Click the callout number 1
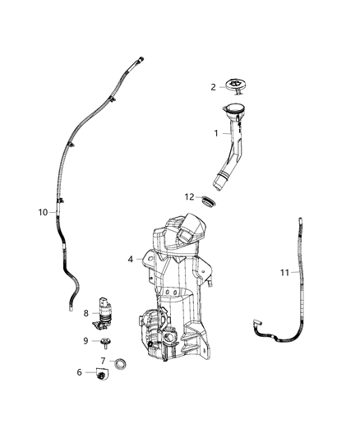click(x=216, y=132)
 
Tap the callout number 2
click(x=213, y=86)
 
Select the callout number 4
click(x=130, y=260)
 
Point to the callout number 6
click(x=80, y=372)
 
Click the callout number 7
click(x=103, y=361)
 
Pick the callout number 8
click(x=85, y=312)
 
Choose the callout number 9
click(x=85, y=341)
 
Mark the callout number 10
click(x=43, y=211)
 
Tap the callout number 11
click(x=285, y=273)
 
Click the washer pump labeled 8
click(x=105, y=309)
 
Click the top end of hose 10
click(x=142, y=58)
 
